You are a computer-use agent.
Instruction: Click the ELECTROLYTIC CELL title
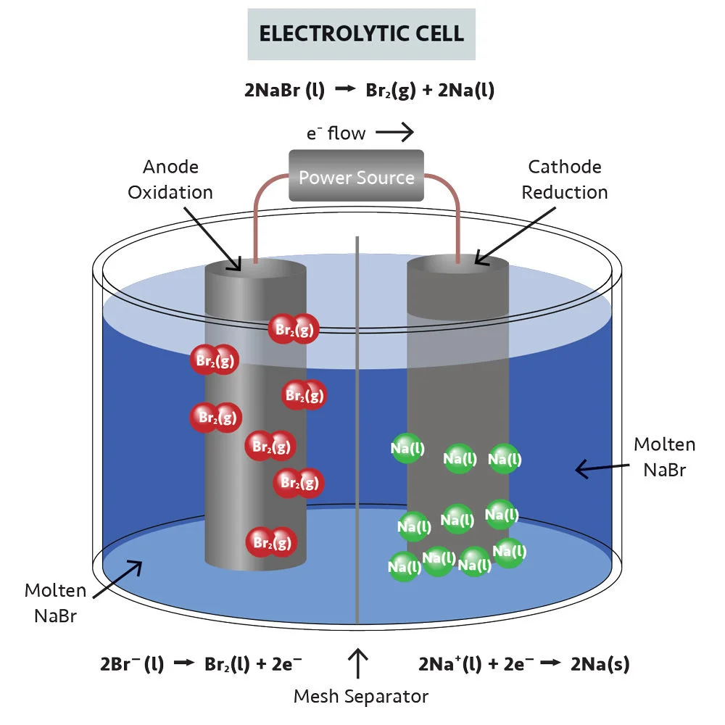click(x=361, y=34)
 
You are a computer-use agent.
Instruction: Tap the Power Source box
click(x=356, y=176)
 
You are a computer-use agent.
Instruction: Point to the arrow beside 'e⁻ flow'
click(x=394, y=132)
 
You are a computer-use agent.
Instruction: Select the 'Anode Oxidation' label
click(x=170, y=180)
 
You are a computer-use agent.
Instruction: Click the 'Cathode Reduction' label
click(x=564, y=180)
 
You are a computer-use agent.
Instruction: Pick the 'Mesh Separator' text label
click(x=360, y=697)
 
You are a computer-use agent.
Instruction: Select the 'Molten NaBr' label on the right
click(x=664, y=457)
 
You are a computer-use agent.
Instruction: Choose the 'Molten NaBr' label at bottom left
click(x=55, y=603)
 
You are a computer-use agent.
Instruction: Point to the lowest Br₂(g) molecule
click(x=271, y=542)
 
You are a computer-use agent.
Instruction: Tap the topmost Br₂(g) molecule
click(x=294, y=328)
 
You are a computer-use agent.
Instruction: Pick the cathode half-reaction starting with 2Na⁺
click(x=523, y=663)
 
